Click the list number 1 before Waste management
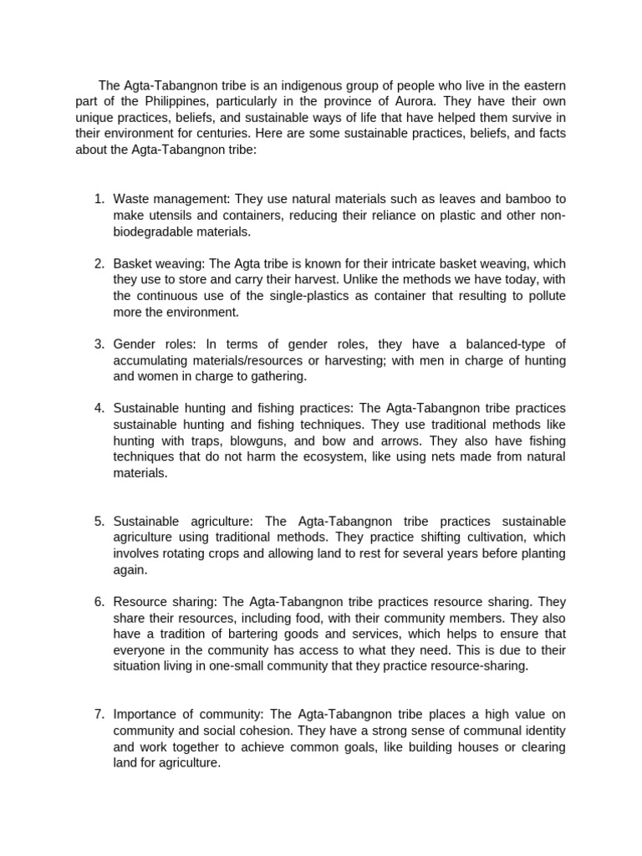pyautogui.click(x=98, y=199)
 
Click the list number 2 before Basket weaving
pyautogui.click(x=98, y=264)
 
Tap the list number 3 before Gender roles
pyautogui.click(x=98, y=344)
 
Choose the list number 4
pyautogui.click(x=98, y=408)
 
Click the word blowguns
pyautogui.click(x=243, y=441)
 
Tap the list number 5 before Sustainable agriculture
pyautogui.click(x=98, y=521)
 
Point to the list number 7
pyautogui.click(x=98, y=714)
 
